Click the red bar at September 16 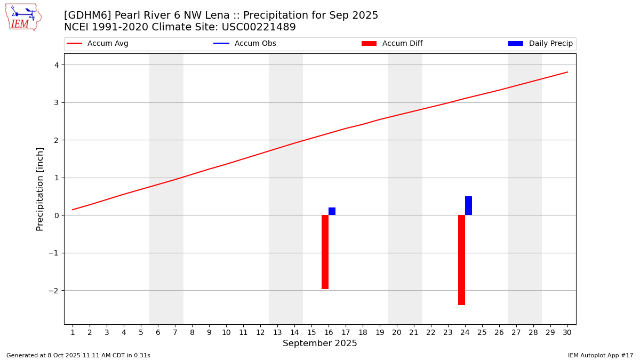(325, 252)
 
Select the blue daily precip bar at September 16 (332, 211)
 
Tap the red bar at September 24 (461, 260)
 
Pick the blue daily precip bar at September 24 (468, 206)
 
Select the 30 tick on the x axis (567, 333)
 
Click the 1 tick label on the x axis (73, 333)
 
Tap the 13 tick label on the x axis (277, 333)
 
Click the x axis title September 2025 (320, 343)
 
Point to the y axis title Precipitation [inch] (40, 189)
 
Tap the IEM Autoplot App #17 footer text (601, 355)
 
